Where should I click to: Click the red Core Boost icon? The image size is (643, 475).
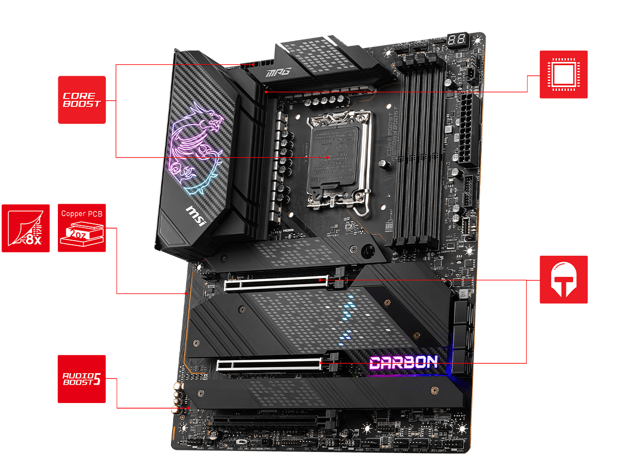pos(82,100)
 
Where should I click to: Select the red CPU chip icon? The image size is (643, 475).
pos(563,74)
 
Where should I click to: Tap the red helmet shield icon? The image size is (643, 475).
pos(563,279)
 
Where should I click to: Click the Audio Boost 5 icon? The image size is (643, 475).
pos(81,379)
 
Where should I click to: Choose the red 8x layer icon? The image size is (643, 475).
pos(26,228)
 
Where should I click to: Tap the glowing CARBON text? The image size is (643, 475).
pos(404,363)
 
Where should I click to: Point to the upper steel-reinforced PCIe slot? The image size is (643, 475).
pos(276,283)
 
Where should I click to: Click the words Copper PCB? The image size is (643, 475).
pos(82,213)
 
